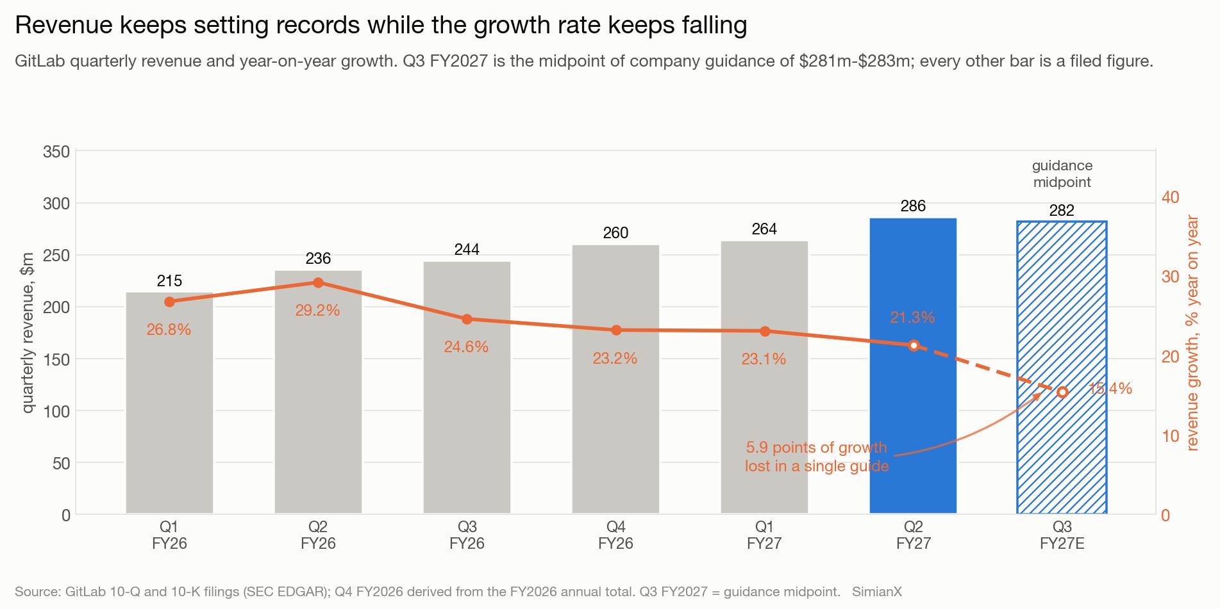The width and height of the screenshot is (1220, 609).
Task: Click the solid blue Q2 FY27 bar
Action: pos(913,366)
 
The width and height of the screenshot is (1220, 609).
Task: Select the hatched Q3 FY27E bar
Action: pos(1062,368)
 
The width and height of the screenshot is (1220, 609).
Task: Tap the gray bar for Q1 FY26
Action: pos(169,403)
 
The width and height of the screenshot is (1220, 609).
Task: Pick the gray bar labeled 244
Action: pos(467,387)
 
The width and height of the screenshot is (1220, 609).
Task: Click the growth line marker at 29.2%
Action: pos(318,282)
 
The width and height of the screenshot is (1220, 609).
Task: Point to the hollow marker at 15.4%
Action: pos(1062,392)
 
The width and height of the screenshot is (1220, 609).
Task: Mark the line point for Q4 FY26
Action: pos(616,330)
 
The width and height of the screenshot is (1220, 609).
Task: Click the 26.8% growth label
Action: pos(169,330)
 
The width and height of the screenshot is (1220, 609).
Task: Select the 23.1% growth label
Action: pos(764,359)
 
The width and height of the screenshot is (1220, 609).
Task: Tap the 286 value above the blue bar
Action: pos(913,206)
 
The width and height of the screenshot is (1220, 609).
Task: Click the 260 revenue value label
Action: pos(615,232)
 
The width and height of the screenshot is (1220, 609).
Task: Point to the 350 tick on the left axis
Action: pos(56,152)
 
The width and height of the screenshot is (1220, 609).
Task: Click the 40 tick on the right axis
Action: pos(1171,197)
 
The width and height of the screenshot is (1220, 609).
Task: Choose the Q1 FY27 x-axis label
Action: pos(764,535)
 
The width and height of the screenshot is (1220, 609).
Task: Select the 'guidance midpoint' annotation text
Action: pos(1062,174)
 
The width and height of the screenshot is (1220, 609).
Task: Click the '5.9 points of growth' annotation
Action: pos(817,448)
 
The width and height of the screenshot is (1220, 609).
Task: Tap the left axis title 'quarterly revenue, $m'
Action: pos(28,332)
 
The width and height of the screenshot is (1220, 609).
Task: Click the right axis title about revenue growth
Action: pos(1192,333)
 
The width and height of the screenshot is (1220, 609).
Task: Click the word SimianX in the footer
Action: pos(877,592)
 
